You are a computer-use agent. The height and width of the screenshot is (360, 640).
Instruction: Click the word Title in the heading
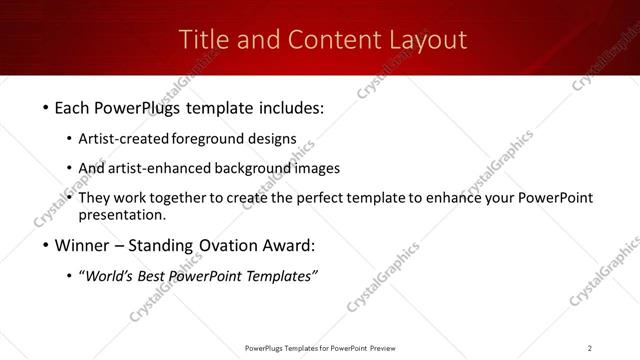(x=203, y=40)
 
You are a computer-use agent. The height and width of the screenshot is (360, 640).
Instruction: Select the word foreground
(x=207, y=138)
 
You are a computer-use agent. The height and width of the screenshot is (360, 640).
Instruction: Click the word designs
(x=271, y=138)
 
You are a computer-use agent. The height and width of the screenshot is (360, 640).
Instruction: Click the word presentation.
(x=122, y=215)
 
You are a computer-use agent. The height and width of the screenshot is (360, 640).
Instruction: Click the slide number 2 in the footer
(x=590, y=348)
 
